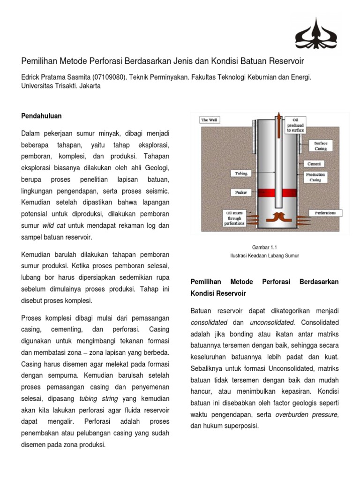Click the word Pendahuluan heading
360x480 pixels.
click(x=42, y=116)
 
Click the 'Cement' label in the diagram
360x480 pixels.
click(x=315, y=164)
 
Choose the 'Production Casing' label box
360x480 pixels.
click(x=315, y=177)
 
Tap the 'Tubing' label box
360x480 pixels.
click(x=241, y=173)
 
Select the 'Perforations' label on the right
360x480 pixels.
click(x=325, y=213)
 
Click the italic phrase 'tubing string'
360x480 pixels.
click(x=98, y=399)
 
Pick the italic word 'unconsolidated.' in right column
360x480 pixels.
click(x=272, y=322)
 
